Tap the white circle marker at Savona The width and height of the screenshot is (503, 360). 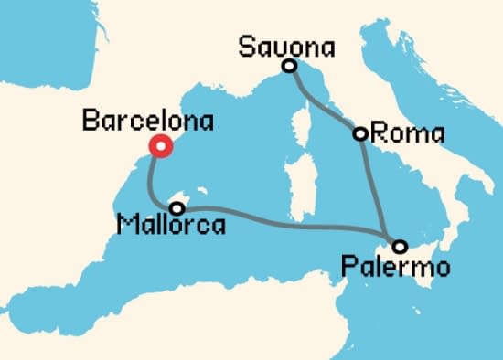tap(289, 66)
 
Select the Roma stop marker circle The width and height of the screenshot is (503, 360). tap(360, 134)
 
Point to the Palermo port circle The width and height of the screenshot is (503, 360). tap(399, 246)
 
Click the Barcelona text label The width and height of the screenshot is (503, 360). tap(147, 121)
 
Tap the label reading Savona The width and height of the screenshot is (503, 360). tap(284, 46)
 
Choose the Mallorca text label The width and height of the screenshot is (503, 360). tap(171, 226)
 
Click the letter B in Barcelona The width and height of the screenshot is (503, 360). tap(90, 121)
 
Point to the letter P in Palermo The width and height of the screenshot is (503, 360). tap(347, 268)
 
